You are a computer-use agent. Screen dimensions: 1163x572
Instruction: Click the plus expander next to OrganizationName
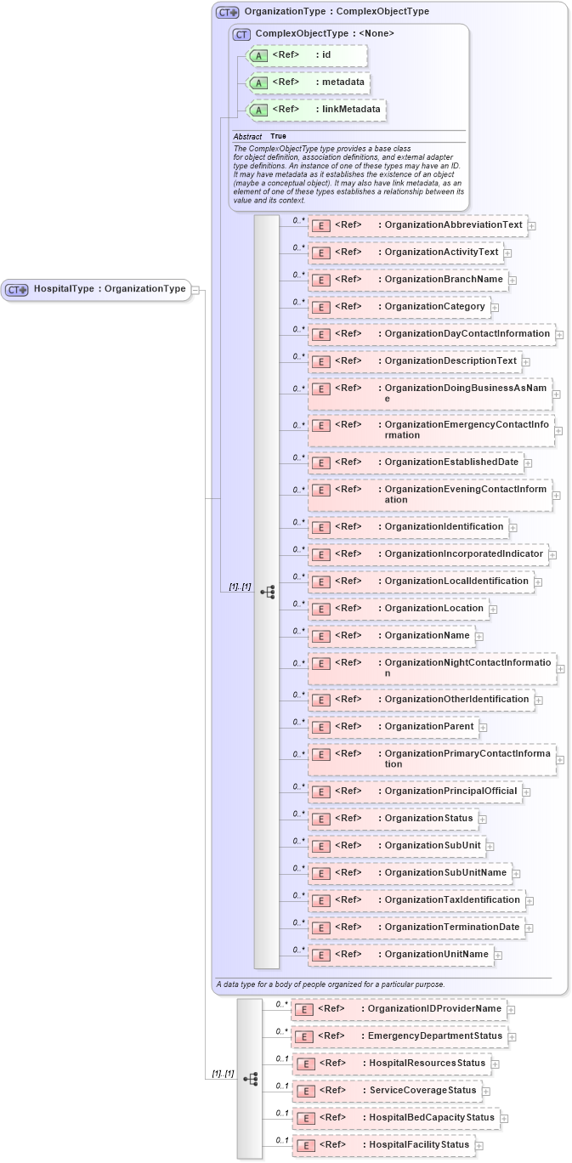click(x=479, y=636)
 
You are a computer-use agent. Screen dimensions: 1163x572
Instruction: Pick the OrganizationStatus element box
click(x=392, y=819)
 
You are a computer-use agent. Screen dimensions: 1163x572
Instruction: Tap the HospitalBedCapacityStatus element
click(x=394, y=1117)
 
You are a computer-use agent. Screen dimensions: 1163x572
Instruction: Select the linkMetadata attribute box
click(x=316, y=110)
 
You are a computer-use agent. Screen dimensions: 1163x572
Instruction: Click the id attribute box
click(x=307, y=55)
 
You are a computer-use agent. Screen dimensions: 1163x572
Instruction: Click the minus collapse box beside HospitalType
click(x=195, y=289)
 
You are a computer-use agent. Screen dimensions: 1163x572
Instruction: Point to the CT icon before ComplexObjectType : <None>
click(x=241, y=35)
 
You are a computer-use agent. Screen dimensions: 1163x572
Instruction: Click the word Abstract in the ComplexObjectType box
click(x=247, y=136)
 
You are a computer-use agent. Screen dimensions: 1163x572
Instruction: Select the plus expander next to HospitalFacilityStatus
click(x=479, y=1145)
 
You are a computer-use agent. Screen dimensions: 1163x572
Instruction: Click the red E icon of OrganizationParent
click(x=320, y=727)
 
